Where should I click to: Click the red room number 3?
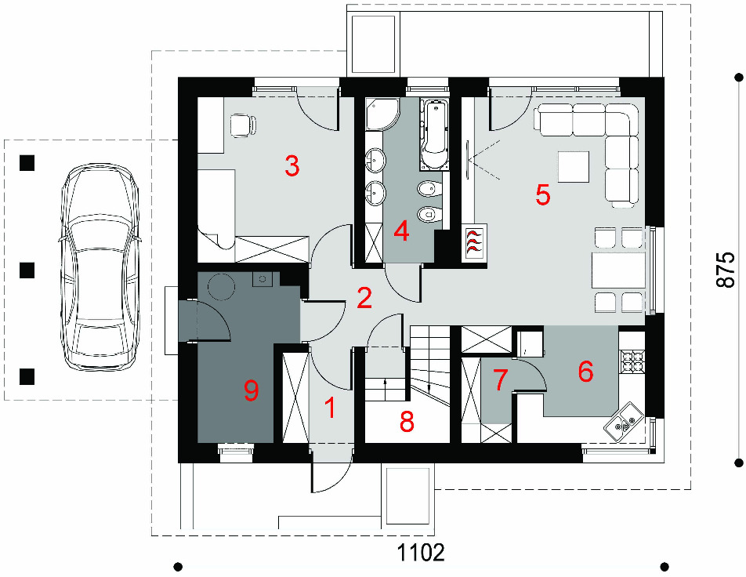[292, 166]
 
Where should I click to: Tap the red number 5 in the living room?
[543, 194]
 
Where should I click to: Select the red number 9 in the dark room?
[252, 390]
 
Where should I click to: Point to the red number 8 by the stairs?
[407, 421]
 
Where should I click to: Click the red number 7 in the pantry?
[500, 380]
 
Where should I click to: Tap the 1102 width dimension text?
[421, 553]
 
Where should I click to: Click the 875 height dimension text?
[725, 270]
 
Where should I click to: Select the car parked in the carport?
[100, 267]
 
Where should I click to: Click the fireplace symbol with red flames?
[475, 242]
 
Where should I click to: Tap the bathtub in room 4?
[435, 134]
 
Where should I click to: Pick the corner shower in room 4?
[382, 114]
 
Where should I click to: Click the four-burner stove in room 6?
[632, 361]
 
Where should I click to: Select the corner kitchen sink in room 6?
[622, 423]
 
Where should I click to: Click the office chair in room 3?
[243, 125]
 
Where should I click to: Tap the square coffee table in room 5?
[574, 167]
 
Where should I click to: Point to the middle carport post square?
[27, 270]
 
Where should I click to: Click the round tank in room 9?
[221, 287]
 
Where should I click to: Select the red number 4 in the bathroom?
[402, 232]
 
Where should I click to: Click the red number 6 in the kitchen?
[585, 371]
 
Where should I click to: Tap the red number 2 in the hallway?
[364, 299]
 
